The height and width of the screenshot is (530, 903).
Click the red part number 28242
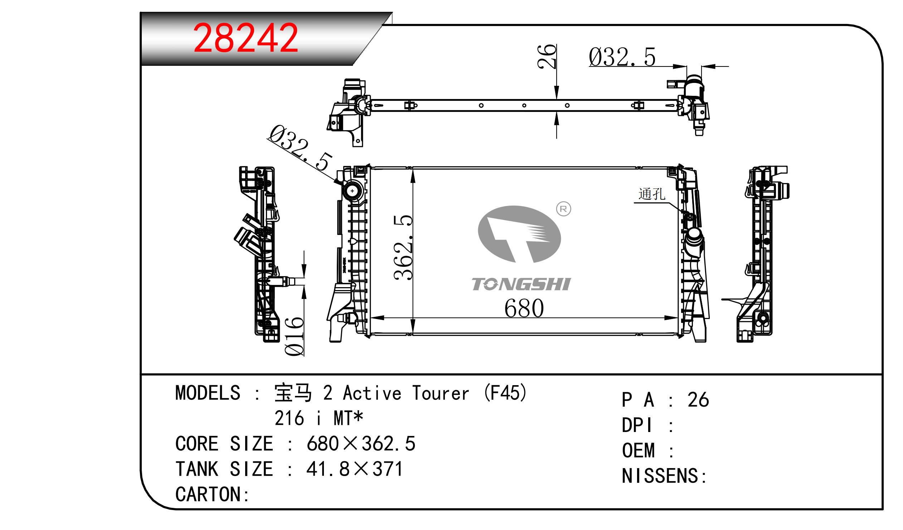point(246,38)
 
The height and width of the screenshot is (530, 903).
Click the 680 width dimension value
point(524,308)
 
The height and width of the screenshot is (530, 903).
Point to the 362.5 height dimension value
point(403,247)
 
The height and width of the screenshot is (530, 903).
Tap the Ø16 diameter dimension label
point(294,336)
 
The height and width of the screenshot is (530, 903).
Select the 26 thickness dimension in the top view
point(547,56)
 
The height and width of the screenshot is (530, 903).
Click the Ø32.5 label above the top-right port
point(622,57)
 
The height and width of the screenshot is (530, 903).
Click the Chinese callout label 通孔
point(652,194)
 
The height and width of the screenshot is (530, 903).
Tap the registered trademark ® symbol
point(563,209)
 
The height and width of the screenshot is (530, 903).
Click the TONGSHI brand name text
point(521,284)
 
